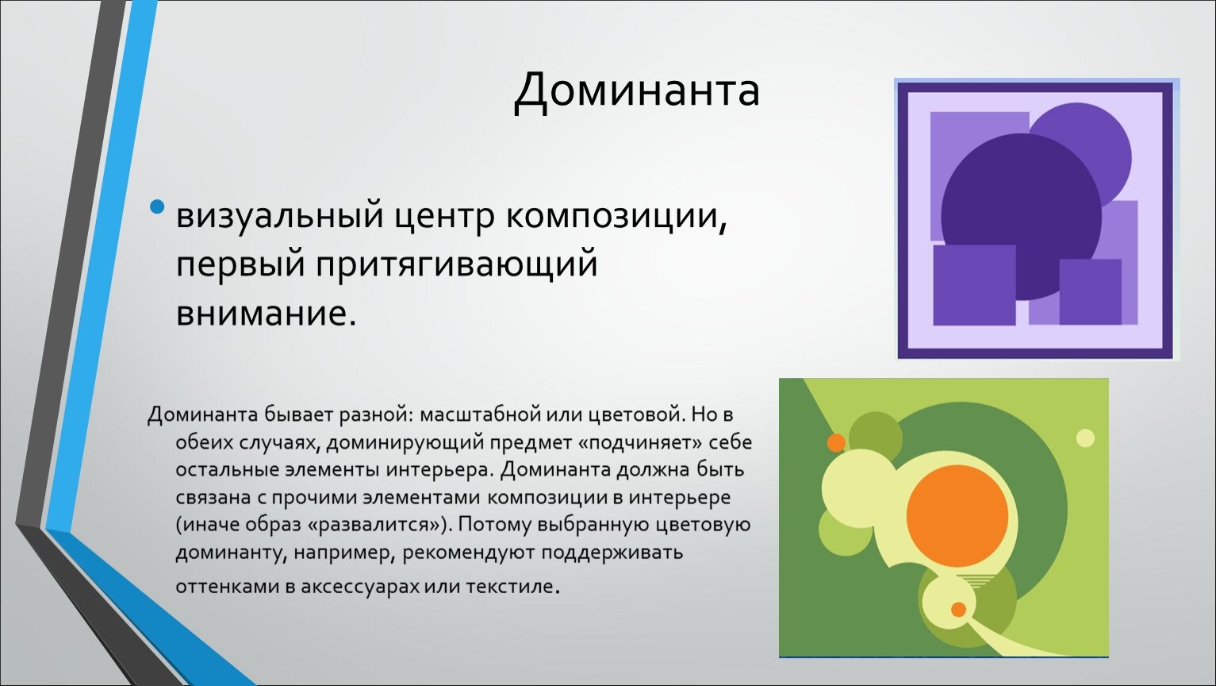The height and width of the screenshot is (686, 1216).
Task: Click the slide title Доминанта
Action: [x=636, y=91]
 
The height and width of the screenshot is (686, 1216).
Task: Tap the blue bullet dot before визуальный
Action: [x=157, y=206]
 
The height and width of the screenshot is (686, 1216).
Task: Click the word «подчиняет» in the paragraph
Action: [x=639, y=443]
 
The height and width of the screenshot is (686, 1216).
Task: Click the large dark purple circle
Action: [x=1021, y=216]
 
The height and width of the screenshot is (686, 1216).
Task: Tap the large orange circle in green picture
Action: [x=957, y=516]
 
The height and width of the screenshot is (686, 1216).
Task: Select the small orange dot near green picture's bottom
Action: [x=959, y=609]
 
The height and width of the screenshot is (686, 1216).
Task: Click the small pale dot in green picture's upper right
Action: [x=1085, y=437]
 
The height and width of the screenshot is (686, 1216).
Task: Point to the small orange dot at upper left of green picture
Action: [x=836, y=442]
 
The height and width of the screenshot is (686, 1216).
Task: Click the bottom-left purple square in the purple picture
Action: [x=974, y=285]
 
